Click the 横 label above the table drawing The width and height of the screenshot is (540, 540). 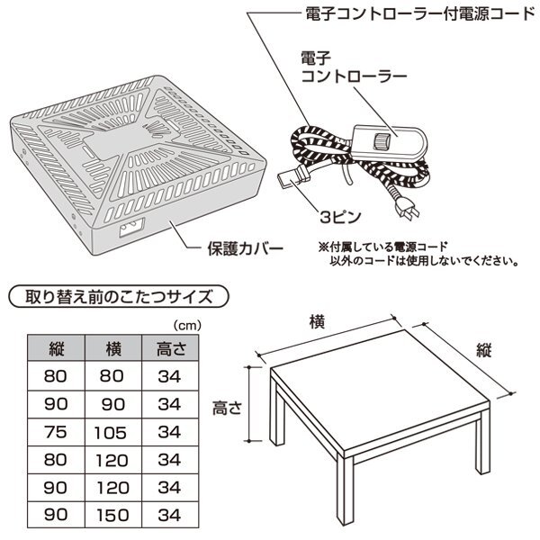[x=317, y=321]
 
